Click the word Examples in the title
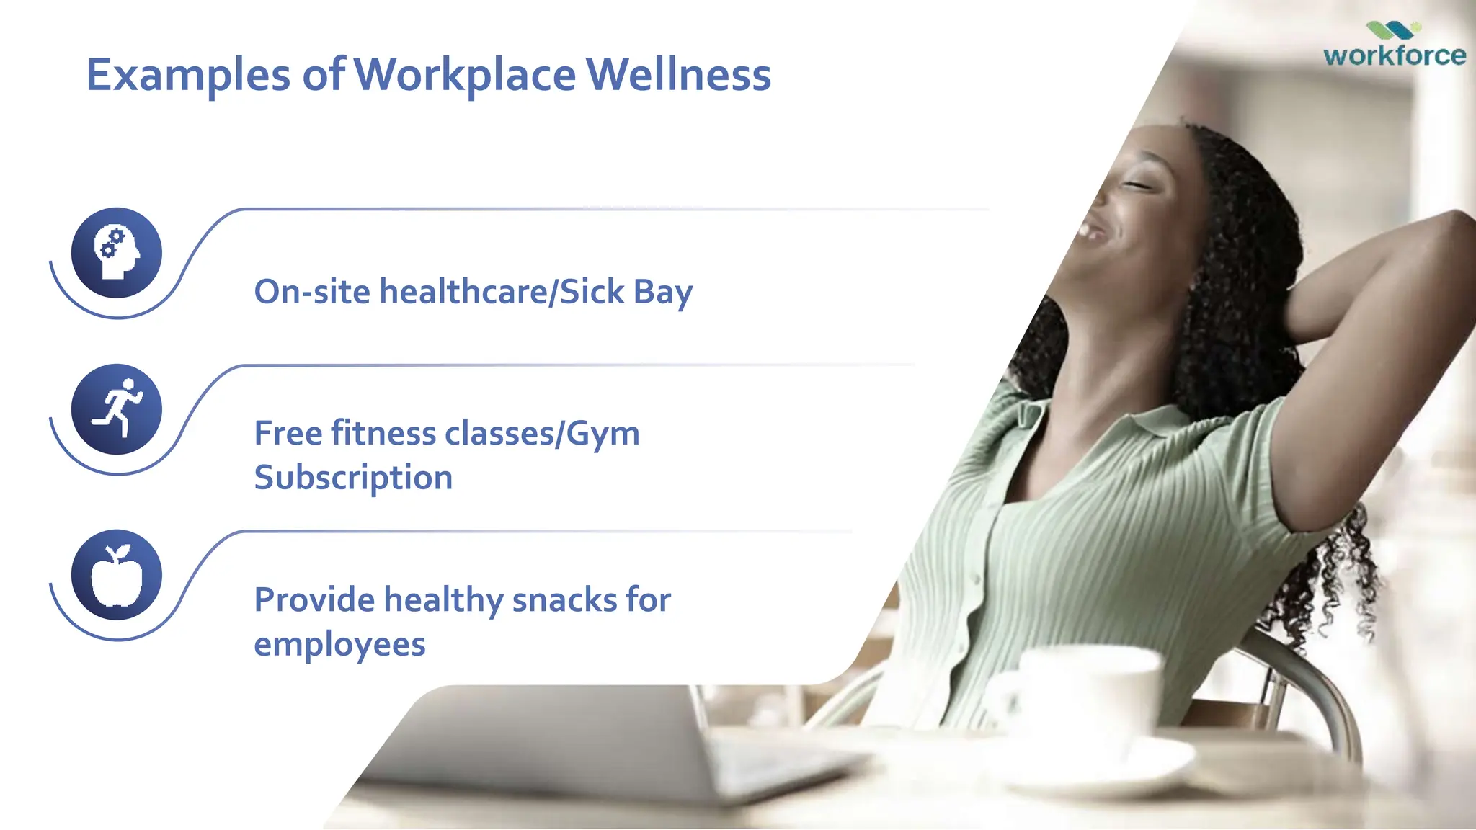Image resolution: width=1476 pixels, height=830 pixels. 188,75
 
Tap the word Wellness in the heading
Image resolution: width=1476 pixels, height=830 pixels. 678,75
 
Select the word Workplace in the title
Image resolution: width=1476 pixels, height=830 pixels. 465,75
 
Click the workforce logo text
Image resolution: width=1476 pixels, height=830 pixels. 1394,55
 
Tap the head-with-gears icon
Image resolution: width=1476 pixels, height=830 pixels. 117,253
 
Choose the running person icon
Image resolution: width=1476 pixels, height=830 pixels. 117,409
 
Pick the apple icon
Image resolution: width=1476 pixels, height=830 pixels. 117,575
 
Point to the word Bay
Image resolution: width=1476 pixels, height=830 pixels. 663,292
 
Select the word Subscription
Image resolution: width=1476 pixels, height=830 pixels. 353,478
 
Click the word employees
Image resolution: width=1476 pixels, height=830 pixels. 339,644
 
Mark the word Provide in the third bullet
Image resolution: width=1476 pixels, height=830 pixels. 314,599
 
